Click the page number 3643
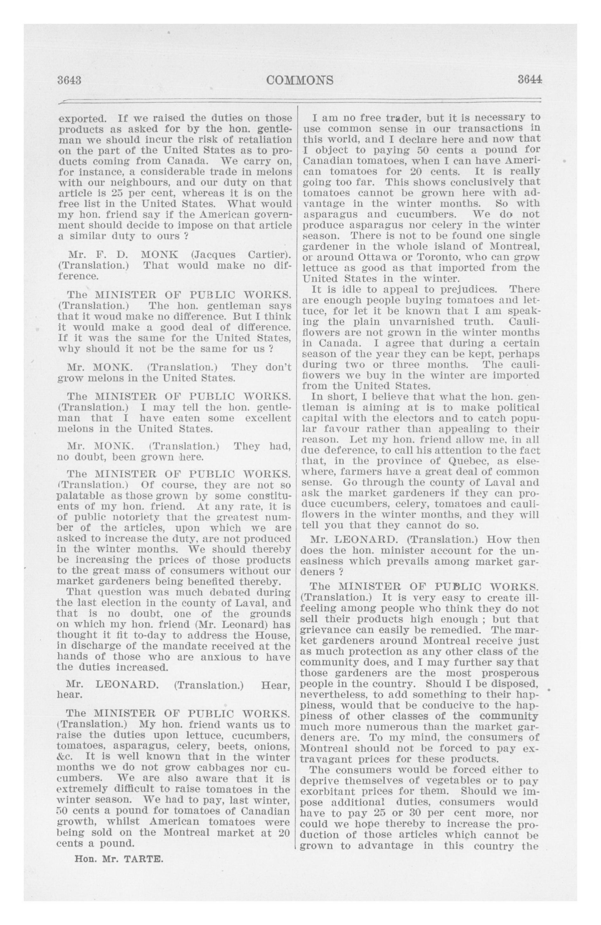click(x=69, y=80)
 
